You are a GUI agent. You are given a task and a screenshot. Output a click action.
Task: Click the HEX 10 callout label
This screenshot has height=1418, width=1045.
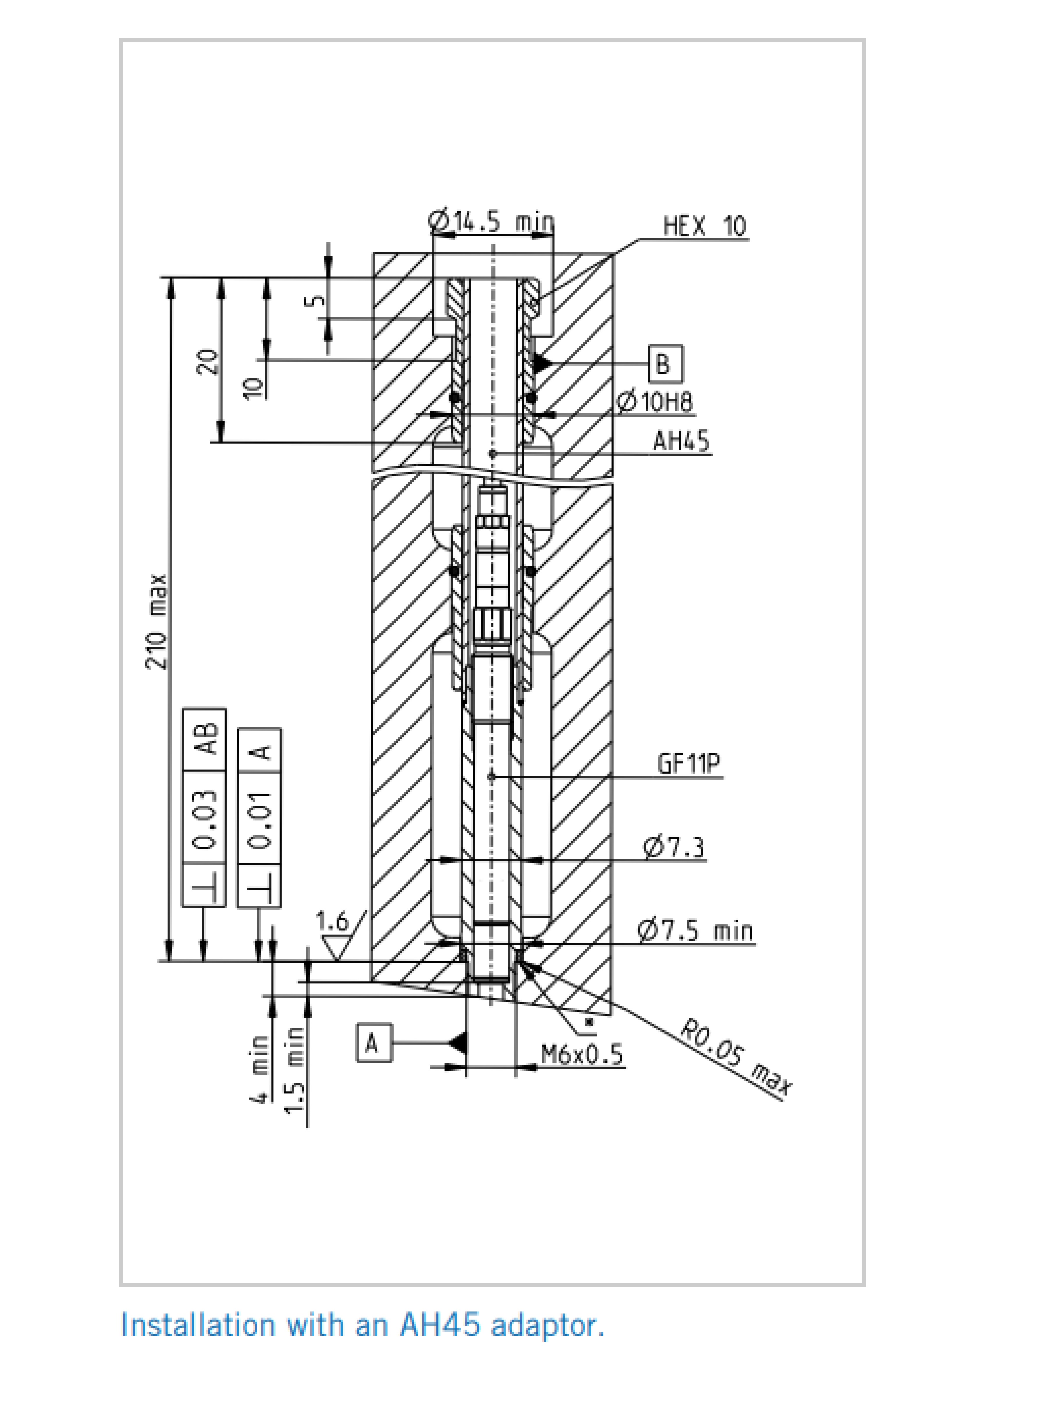tap(705, 226)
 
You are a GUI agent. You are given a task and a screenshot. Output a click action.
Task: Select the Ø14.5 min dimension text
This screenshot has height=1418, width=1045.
tap(491, 221)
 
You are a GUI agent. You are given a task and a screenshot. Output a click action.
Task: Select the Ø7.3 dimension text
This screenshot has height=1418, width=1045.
tap(674, 847)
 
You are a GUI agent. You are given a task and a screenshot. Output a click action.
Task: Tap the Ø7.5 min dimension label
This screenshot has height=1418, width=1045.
tap(695, 931)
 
